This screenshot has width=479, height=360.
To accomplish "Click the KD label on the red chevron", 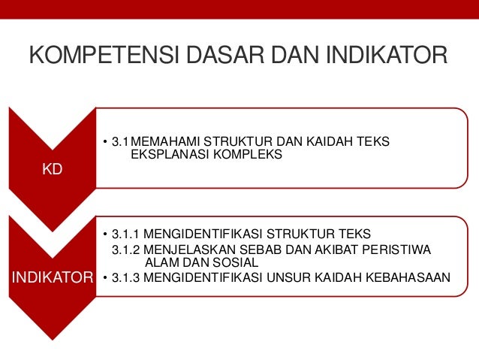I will (52, 170).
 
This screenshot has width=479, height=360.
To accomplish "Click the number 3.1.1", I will (125, 232).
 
